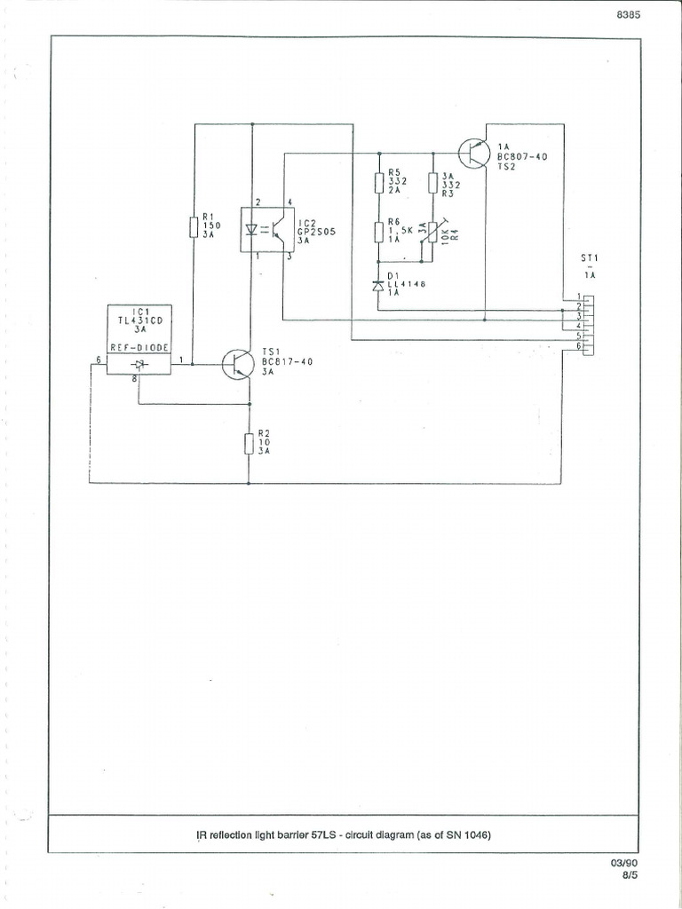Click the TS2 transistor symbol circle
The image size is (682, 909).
tap(474, 153)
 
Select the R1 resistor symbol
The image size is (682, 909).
tap(194, 226)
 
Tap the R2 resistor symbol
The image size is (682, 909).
tap(248, 442)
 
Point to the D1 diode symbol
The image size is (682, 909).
tap(378, 286)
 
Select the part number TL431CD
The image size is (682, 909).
tap(139, 319)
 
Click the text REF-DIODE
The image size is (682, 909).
tap(139, 347)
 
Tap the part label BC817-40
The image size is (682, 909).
tap(287, 361)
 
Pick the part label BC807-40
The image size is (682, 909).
tap(523, 155)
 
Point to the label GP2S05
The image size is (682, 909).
tap(315, 232)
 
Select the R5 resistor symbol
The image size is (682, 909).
tap(379, 182)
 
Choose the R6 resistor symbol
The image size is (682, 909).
tap(379, 233)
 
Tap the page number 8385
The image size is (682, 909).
tap(627, 15)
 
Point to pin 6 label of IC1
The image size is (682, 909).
tap(97, 360)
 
